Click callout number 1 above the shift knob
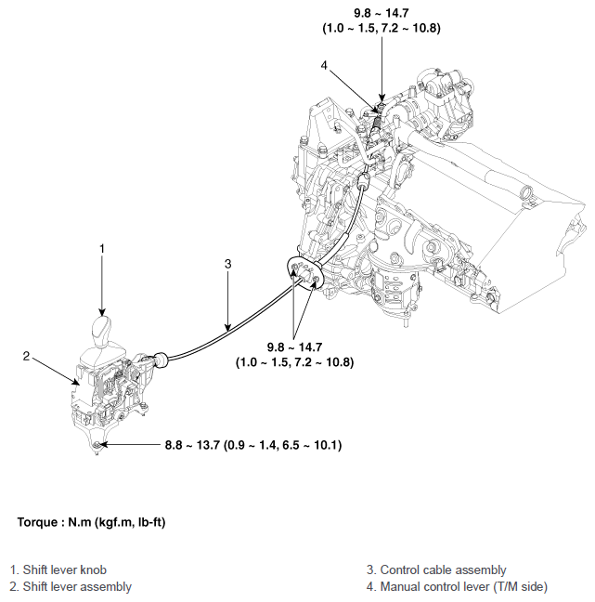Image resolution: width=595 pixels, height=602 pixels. click(x=102, y=248)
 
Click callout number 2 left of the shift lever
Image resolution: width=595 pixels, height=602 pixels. click(x=28, y=356)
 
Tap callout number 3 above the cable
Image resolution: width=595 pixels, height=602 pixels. click(x=227, y=264)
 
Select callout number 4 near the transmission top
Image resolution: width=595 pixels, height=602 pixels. click(x=323, y=66)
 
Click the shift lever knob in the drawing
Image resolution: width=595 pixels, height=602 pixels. click(x=101, y=331)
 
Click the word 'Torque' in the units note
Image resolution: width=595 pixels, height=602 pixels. click(x=37, y=522)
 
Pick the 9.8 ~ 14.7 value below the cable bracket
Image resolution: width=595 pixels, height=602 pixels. click(x=296, y=346)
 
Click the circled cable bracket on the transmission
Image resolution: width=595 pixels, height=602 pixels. click(x=304, y=275)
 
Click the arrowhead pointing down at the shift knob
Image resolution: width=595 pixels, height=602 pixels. click(x=102, y=314)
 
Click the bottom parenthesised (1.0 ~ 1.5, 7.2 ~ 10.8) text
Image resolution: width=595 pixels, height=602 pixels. click(x=296, y=360)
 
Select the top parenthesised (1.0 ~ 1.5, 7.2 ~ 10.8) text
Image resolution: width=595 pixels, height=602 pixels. click(x=381, y=29)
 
